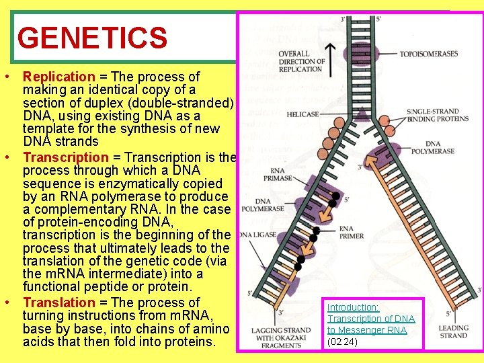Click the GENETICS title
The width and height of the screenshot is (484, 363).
(92, 38)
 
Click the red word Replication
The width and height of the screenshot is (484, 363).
(59, 77)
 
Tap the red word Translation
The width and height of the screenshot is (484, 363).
(59, 302)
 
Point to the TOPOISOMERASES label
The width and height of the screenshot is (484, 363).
(428, 54)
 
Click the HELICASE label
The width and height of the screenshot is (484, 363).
(302, 115)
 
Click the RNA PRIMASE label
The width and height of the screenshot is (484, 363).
(279, 175)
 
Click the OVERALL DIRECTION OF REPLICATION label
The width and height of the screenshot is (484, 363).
(300, 61)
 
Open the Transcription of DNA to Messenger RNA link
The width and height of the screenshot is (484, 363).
(370, 319)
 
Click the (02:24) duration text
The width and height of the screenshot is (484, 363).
(343, 341)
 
